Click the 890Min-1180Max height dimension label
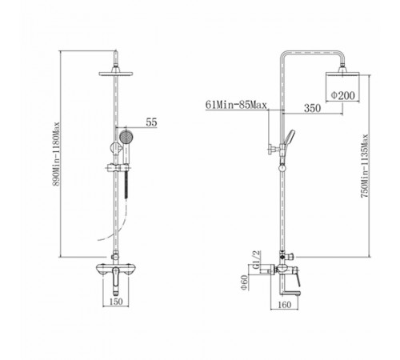click(x=56, y=154)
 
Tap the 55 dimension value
click(x=151, y=122)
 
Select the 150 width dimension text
click(x=116, y=302)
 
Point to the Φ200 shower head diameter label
click(x=343, y=95)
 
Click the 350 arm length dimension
click(x=312, y=108)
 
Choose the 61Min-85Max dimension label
click(x=236, y=105)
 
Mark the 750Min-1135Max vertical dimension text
click(x=365, y=166)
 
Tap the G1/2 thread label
click(x=256, y=260)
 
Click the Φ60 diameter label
click(x=244, y=283)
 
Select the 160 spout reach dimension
click(x=284, y=305)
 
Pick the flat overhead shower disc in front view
click(x=116, y=74)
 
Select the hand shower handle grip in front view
click(x=126, y=154)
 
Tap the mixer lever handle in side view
click(x=297, y=280)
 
